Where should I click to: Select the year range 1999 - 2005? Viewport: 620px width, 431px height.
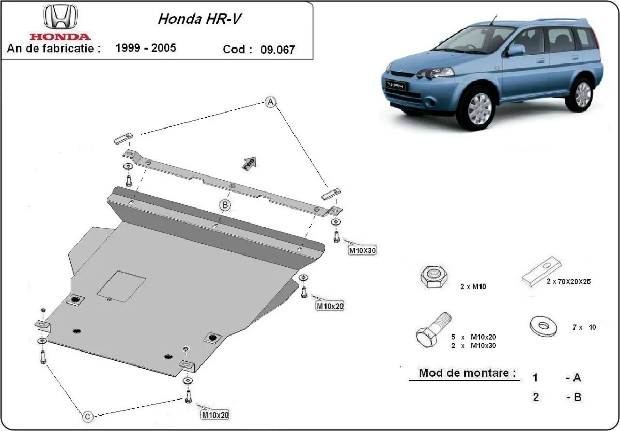(146, 48)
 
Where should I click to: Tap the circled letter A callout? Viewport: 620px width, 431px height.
(270, 102)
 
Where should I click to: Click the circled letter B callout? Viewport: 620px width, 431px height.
(225, 205)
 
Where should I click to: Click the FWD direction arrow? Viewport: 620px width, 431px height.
(250, 163)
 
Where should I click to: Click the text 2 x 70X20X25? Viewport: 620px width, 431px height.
(568, 282)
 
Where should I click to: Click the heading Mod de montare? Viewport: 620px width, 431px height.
(467, 373)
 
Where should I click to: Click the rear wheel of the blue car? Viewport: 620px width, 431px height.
(582, 94)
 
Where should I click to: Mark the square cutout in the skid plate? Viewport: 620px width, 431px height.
(122, 286)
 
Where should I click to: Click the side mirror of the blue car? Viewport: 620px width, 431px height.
(515, 50)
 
